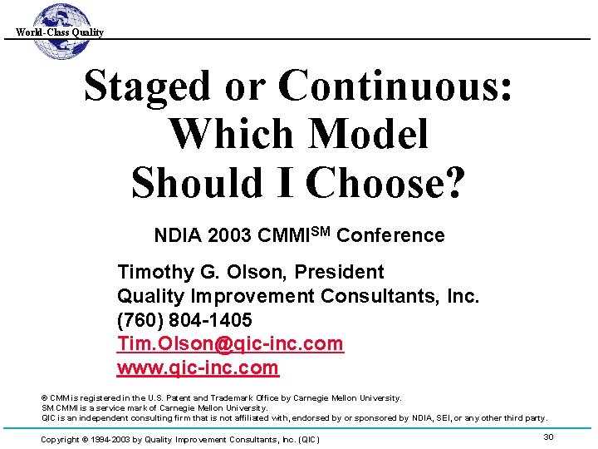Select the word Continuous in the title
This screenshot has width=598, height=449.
click(394, 86)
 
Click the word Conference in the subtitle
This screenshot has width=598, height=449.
click(391, 236)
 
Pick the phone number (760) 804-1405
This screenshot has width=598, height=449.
click(185, 320)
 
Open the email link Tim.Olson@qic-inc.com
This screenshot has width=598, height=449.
click(230, 344)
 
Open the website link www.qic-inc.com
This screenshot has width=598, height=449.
click(198, 368)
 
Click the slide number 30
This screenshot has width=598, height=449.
click(548, 437)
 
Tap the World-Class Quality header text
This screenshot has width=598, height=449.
click(60, 32)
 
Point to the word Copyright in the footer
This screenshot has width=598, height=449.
click(60, 439)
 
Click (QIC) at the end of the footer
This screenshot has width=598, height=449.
click(306, 439)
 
